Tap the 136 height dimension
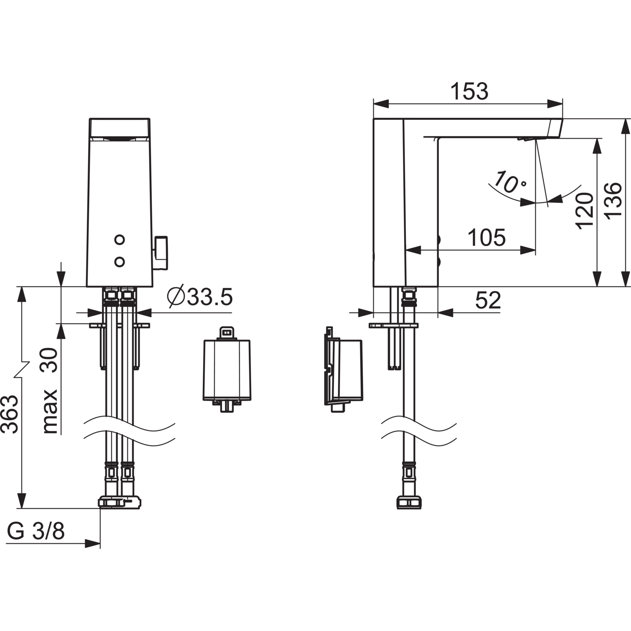pos(614,200)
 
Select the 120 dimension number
pos(585,211)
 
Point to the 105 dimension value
pos(486,238)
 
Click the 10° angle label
pos(509,182)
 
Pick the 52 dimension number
pos(488,300)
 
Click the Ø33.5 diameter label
pos(199,297)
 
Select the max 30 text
pos(50,390)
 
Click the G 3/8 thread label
pos(36,531)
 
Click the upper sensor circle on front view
pos(120,240)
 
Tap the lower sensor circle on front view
pos(120,262)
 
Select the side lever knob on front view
pos(160,252)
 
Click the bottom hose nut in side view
pos(408,502)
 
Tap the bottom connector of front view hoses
pos(119,502)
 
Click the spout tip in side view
pos(555,128)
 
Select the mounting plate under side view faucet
pos(393,325)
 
